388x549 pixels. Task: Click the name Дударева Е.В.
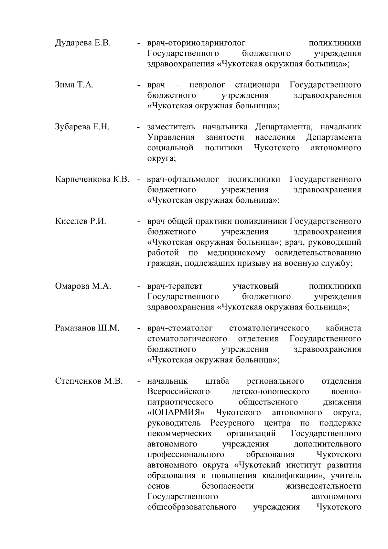pyautogui.click(x=83, y=43)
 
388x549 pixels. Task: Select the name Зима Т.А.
pyautogui.click(x=74, y=85)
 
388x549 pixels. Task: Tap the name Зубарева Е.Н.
pyautogui.click(x=82, y=127)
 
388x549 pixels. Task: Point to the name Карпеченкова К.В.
pyautogui.click(x=92, y=179)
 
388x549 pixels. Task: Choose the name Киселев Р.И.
pyautogui.click(x=81, y=221)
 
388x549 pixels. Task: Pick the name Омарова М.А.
pyautogui.click(x=83, y=286)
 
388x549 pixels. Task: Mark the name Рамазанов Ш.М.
pyautogui.click(x=87, y=328)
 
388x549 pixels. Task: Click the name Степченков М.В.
pyautogui.click(x=89, y=381)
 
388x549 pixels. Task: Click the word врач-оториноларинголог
pyautogui.click(x=196, y=43)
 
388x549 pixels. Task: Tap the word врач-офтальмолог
pyautogui.click(x=183, y=179)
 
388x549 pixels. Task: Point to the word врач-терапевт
pyautogui.click(x=175, y=286)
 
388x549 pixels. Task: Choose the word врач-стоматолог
pyautogui.click(x=180, y=328)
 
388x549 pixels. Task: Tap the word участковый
pyautogui.click(x=255, y=286)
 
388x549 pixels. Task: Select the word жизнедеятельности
pyautogui.click(x=324, y=486)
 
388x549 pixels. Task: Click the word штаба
pyautogui.click(x=217, y=381)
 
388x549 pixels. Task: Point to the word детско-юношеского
pyautogui.click(x=270, y=392)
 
